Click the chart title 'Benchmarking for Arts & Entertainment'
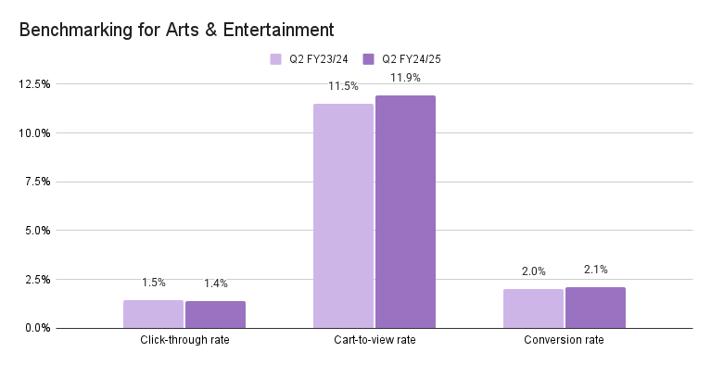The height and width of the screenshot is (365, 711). pos(176,30)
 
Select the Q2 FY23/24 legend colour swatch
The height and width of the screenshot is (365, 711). pos(276,59)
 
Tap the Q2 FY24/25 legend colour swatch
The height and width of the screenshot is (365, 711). pos(369,59)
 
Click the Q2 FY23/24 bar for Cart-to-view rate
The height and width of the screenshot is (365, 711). pos(343,216)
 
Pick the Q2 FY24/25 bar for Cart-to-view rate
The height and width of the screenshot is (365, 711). pos(405,212)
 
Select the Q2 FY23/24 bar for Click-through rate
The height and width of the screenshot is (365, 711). pos(153,314)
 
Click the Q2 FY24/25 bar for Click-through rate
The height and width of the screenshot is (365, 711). pos(215,315)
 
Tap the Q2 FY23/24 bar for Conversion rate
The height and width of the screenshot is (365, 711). pos(533,308)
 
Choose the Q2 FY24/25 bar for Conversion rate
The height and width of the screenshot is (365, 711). pos(595,308)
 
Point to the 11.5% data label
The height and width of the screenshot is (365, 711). pos(343,86)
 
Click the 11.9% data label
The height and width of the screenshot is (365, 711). pos(405,78)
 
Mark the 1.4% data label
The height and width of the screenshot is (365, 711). pos(215,283)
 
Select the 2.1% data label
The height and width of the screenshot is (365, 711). pos(595,270)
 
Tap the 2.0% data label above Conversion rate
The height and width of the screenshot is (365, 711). pos(533,271)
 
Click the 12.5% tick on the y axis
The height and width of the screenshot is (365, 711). pos(34,84)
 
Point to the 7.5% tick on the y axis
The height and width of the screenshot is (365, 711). pos(37,182)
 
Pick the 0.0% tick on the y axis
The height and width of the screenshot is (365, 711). pos(37,328)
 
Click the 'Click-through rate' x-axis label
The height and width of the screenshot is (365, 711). pos(184,341)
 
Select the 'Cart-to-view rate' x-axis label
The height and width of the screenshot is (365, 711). pos(375,341)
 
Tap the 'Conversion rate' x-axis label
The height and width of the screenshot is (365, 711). pos(565,341)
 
